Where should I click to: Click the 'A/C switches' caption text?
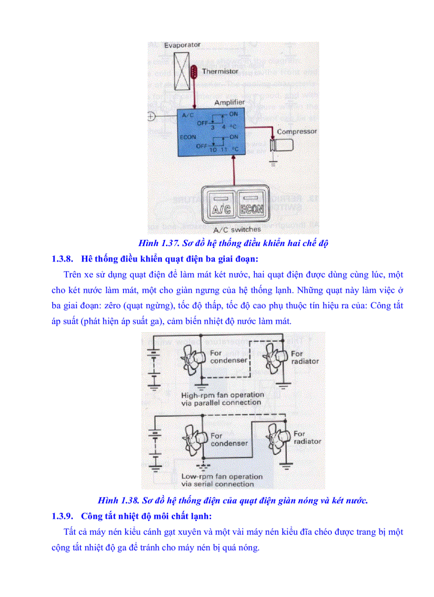tap(237, 230)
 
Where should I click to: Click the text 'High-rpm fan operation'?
tap(222, 395)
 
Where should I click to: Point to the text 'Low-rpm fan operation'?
tap(222, 476)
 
